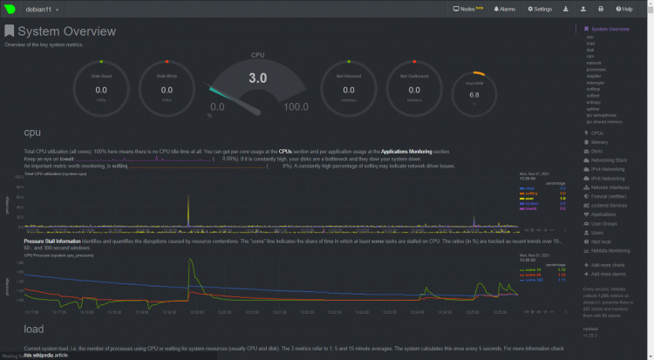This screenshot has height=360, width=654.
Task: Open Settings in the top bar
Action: pyautogui.click(x=541, y=9)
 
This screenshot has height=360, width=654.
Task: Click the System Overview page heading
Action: pyautogui.click(x=66, y=31)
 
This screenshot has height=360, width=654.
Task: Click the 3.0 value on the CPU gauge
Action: pyautogui.click(x=258, y=78)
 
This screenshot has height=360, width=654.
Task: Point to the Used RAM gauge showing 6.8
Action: pyautogui.click(x=474, y=92)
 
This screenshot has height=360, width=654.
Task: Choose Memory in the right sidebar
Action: pyautogui.click(x=600, y=142)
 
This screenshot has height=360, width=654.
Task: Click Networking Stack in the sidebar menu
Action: pyautogui.click(x=609, y=160)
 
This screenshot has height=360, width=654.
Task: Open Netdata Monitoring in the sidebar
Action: pyautogui.click(x=610, y=249)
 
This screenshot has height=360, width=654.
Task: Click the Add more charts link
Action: pyautogui.click(x=609, y=264)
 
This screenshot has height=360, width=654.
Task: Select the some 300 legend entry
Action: pyautogui.click(x=533, y=280)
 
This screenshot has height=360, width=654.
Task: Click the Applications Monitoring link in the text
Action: pyautogui.click(x=410, y=152)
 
